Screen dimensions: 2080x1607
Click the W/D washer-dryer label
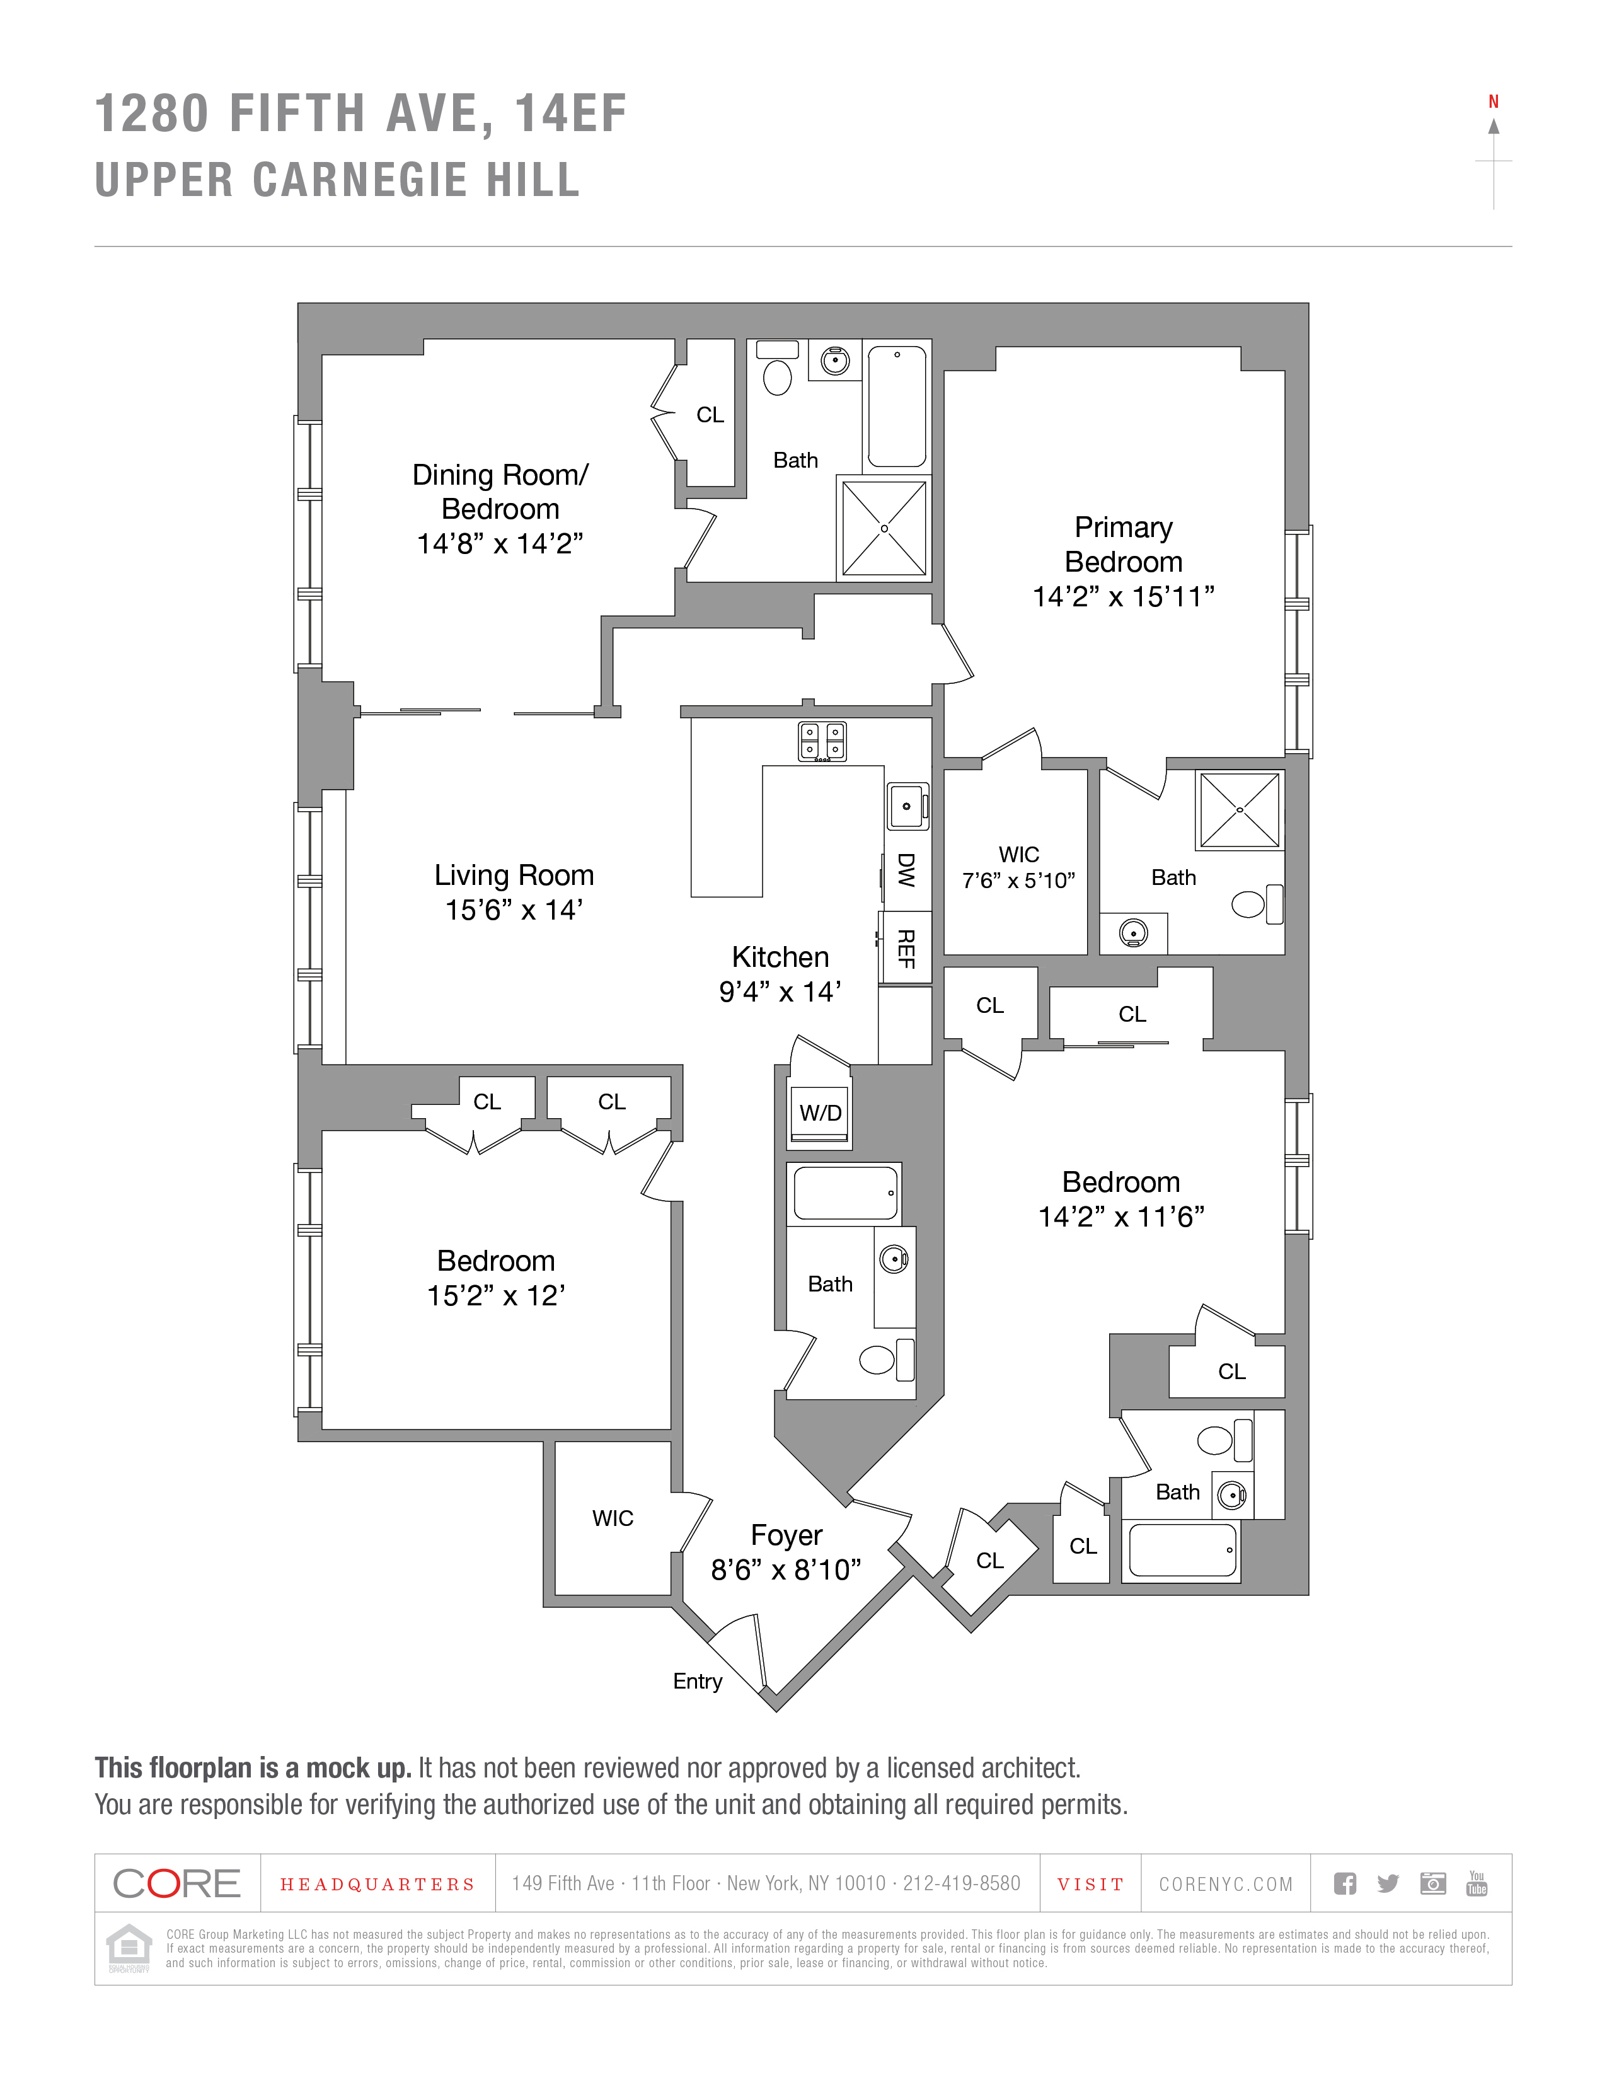point(820,1112)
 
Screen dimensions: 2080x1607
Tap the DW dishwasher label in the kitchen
point(906,870)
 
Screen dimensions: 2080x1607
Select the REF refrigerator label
point(906,949)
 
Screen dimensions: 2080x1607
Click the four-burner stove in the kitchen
point(822,741)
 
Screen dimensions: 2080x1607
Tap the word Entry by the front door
point(697,1681)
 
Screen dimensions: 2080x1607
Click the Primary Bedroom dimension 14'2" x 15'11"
point(1124,596)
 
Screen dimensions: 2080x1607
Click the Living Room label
point(514,875)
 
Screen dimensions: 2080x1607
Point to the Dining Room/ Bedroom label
point(501,492)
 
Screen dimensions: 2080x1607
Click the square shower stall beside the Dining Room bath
point(884,529)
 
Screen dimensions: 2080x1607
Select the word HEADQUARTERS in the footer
point(377,1884)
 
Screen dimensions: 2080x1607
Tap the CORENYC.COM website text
point(1225,1884)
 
